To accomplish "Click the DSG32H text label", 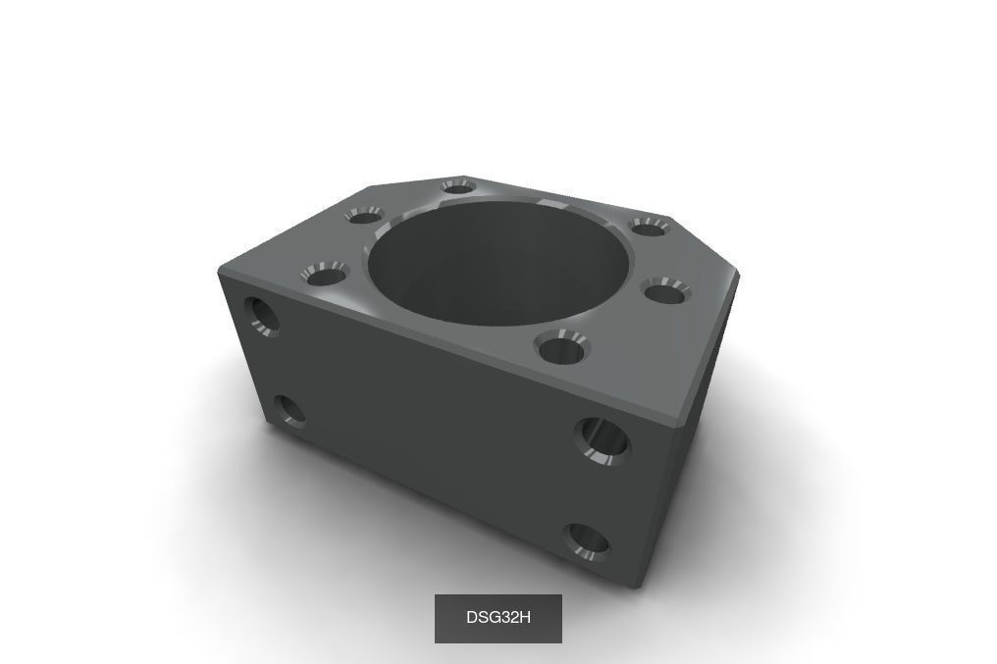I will coord(498,618).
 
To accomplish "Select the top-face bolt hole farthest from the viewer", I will coord(457,186).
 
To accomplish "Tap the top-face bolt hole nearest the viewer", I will coord(562,347).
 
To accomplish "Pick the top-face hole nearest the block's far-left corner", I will coord(327,273).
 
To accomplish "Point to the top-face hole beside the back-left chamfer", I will coord(364,216).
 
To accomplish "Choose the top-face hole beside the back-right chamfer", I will coord(648,227).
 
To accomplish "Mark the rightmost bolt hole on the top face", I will coord(666,290).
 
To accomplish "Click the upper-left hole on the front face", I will coord(262,315).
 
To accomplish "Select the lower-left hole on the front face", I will coord(288,411).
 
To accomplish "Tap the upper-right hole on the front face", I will coord(602,439).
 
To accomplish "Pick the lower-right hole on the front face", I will coord(588,540).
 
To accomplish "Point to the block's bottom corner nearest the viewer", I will coord(643,587).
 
